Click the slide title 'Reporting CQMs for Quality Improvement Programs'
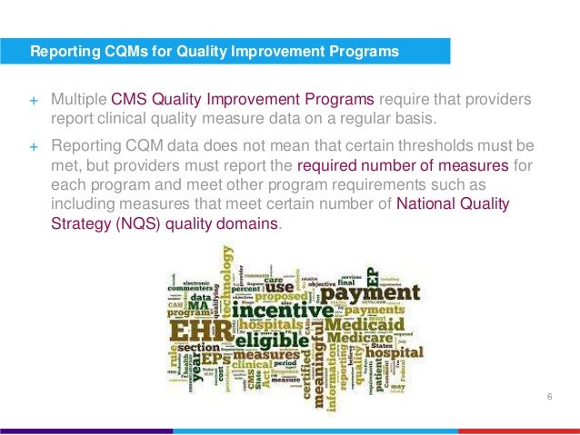tap(215, 52)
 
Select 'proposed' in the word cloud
tap(285, 296)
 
